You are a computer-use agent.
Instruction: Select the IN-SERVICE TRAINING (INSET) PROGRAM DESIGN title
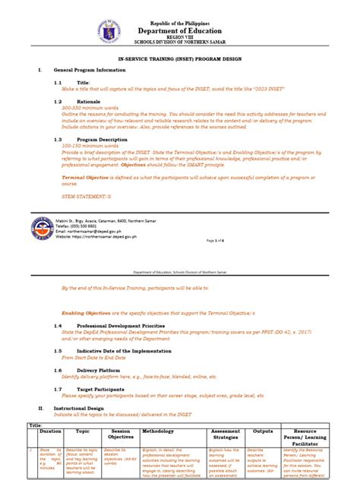[180, 58]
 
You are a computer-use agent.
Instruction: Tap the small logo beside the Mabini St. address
[43, 228]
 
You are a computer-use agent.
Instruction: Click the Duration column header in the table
[50, 430]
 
